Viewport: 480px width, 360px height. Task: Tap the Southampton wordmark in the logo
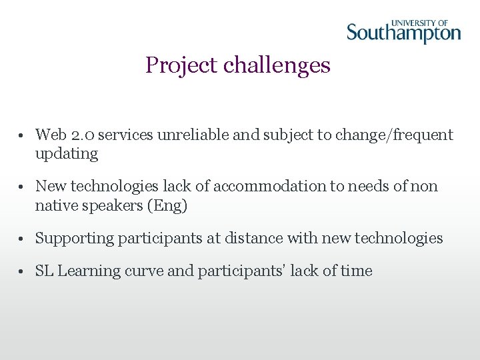[x=403, y=33]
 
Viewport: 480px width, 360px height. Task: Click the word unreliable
[x=193, y=135]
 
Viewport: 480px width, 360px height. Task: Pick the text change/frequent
[x=393, y=135]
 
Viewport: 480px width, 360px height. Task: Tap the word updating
[x=67, y=154]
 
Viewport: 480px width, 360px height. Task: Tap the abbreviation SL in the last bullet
[x=44, y=271]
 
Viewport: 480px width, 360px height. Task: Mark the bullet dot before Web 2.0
[x=22, y=136]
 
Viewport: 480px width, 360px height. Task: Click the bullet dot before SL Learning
[x=22, y=272]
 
